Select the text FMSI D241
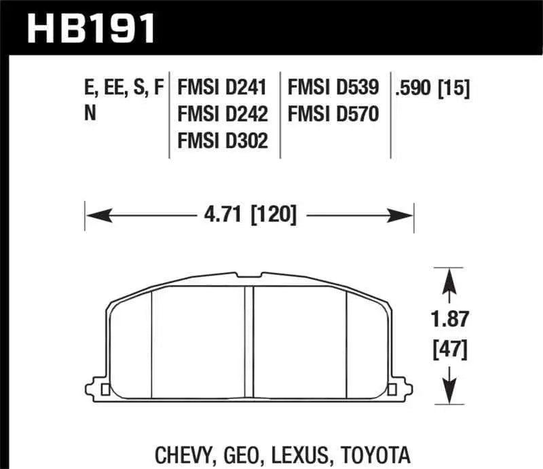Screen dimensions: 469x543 click(x=223, y=88)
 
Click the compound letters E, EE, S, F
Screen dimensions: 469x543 click(x=124, y=88)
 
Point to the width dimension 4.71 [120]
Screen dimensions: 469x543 click(x=249, y=216)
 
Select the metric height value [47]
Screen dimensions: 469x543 click(x=449, y=350)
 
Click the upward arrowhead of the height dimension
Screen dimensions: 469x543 click(x=449, y=278)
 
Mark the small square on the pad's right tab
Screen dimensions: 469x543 click(x=392, y=390)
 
